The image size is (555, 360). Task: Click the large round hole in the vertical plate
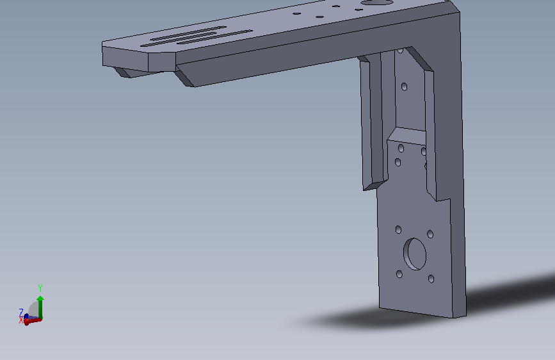414,254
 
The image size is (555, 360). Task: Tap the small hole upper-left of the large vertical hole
398,230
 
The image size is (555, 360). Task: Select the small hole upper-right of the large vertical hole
430,234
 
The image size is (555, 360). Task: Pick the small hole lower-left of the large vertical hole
399,274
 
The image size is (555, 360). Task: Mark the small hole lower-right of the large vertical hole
431,279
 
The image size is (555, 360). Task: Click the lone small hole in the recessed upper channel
404,86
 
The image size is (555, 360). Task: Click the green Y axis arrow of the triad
40,307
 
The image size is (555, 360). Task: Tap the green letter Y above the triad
40,288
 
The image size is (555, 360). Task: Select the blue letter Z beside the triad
21,312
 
